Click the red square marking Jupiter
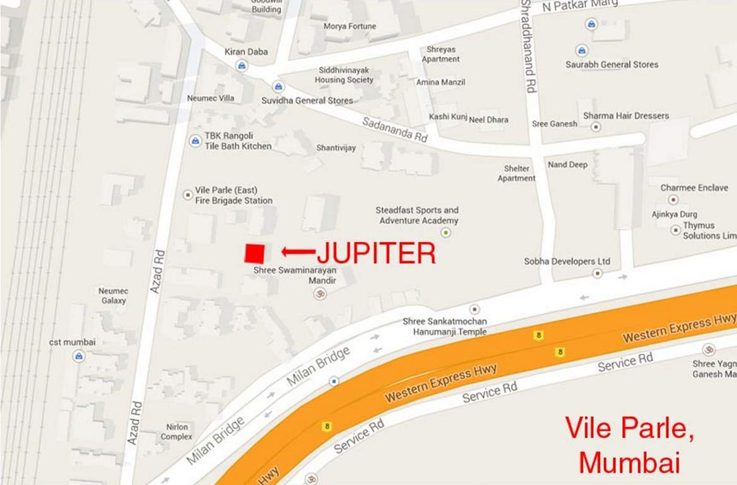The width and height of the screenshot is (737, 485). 254,253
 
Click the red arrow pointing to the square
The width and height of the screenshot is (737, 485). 298,252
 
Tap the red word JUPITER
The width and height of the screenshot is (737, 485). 376,253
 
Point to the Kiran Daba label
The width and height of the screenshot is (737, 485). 246,52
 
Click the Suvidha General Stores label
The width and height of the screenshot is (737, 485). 307,100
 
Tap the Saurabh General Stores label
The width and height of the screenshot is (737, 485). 611,64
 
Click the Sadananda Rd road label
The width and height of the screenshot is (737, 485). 395,128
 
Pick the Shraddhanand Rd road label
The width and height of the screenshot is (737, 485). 528,47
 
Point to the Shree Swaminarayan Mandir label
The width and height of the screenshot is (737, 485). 295,275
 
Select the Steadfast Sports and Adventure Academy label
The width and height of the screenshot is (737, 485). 417,215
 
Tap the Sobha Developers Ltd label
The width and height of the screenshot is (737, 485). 567,261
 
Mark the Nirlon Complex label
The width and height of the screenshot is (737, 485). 176,432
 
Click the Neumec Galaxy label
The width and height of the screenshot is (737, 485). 113,296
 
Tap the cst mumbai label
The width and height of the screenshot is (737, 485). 73,342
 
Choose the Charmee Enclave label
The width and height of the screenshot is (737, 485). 694,188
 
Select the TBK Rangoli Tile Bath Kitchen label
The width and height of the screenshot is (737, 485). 238,141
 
